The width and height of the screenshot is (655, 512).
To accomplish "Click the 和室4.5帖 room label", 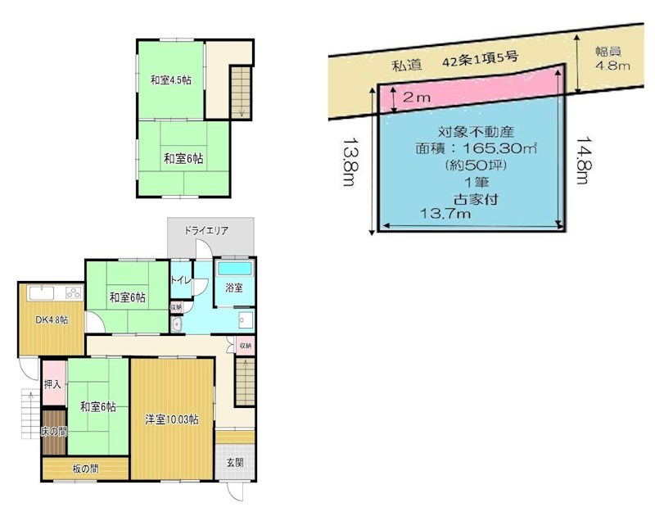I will coord(170,80).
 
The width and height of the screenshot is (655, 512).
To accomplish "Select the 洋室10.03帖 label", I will coord(172,420).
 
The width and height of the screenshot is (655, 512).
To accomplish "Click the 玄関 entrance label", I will coord(234,462).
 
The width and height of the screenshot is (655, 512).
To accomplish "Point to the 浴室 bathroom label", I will coord(235,288).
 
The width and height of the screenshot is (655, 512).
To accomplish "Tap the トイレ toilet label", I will coord(180,281).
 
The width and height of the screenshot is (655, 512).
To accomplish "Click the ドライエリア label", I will coord(206,231).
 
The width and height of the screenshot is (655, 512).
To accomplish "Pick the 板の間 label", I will coord(85,469).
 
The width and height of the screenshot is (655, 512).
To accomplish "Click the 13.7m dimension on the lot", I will coord(445,215).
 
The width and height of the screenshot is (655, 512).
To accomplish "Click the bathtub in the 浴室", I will coord(235,268).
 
